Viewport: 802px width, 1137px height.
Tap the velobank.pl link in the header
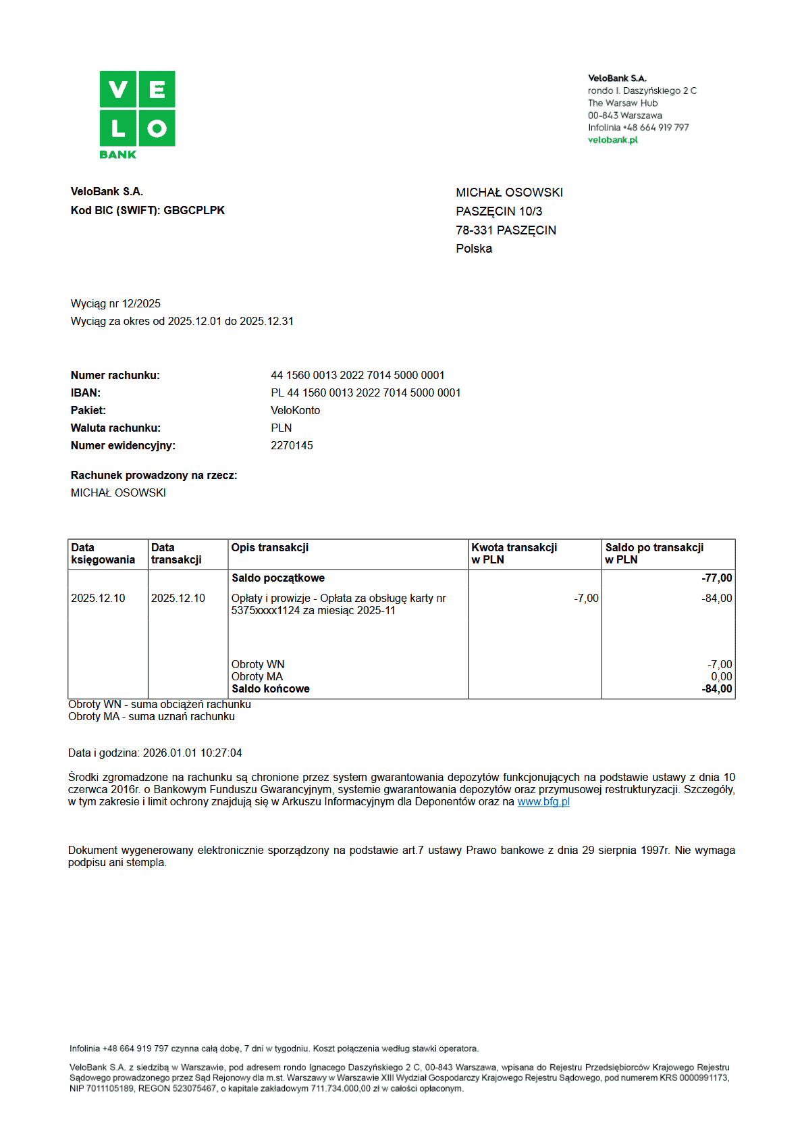(612, 140)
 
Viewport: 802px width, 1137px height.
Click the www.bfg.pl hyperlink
(543, 802)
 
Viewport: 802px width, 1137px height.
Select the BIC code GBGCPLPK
(194, 211)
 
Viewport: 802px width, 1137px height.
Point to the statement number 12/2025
(141, 304)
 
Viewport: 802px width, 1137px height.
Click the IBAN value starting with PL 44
(365, 393)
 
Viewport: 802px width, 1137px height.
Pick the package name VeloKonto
(295, 411)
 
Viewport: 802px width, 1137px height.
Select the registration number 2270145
(292, 446)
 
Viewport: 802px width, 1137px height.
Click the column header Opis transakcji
(270, 548)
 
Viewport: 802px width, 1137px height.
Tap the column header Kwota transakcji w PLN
(514, 553)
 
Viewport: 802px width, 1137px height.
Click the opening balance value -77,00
(716, 578)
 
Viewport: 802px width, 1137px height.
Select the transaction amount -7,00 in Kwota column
(586, 599)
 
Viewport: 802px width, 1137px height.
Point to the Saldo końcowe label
(270, 689)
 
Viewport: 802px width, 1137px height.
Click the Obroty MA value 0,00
(721, 677)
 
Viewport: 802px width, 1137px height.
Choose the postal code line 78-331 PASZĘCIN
(506, 230)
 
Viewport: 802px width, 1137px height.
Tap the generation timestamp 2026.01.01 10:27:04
(192, 753)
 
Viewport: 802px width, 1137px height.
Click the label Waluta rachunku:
(115, 428)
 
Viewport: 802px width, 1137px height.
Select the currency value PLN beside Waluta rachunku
(282, 428)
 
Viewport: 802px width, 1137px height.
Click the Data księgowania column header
(103, 553)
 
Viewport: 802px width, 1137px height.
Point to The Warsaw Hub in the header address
(622, 103)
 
